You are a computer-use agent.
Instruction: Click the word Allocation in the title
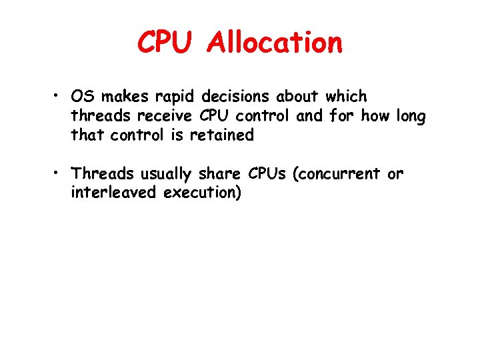coord(275,44)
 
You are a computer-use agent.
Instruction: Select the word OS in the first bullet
coord(82,97)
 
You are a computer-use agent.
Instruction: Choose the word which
coord(346,97)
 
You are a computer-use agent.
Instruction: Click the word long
coord(410,117)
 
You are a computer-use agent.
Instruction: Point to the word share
coord(221,174)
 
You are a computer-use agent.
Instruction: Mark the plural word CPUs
coord(268,174)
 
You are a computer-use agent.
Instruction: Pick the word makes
coord(119,97)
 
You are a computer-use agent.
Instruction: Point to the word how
coord(376,117)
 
